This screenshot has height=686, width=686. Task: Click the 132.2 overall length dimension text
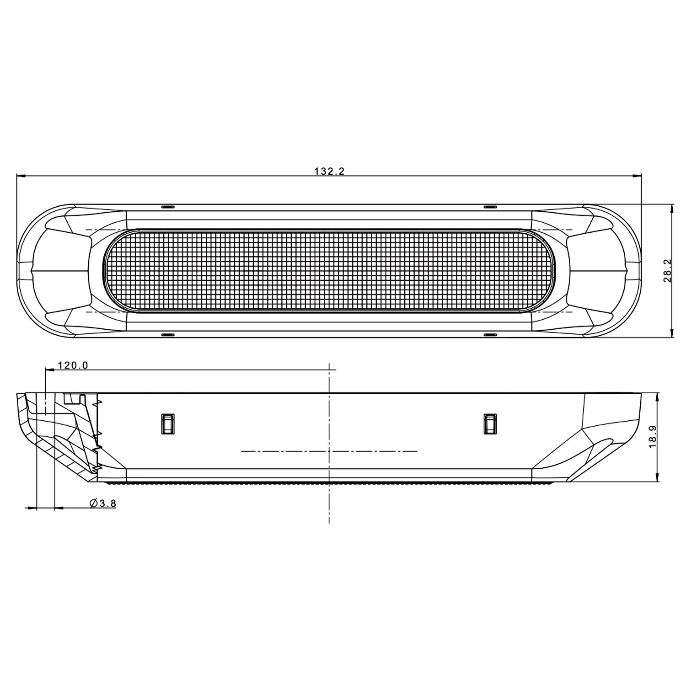329,171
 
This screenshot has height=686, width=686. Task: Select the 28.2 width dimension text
667,271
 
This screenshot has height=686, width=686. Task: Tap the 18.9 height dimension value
653,436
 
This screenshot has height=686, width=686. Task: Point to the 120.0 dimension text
73,365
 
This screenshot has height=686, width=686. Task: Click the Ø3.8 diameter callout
103,504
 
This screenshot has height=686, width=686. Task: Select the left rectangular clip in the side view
168,423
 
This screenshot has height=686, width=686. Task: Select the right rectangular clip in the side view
490,423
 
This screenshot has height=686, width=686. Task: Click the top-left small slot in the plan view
168,207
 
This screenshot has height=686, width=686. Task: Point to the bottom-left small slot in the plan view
168,335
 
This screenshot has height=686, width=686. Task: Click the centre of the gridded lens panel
329,271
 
